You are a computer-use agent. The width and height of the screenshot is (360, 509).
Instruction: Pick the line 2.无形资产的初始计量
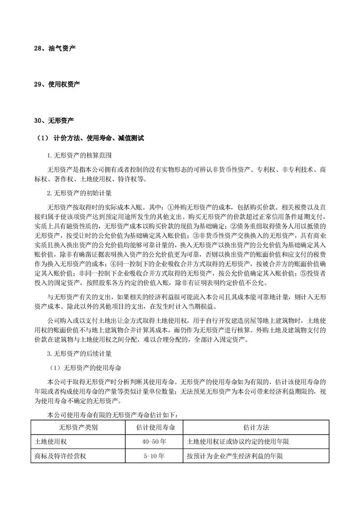79,193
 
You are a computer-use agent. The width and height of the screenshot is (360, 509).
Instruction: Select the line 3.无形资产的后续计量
79,351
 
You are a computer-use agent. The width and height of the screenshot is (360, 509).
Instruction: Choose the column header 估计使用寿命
156,427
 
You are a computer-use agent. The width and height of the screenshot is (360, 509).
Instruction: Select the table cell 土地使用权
51,441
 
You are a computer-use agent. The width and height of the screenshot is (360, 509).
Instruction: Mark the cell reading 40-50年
156,441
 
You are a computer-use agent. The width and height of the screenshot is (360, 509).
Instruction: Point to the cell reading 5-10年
156,456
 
